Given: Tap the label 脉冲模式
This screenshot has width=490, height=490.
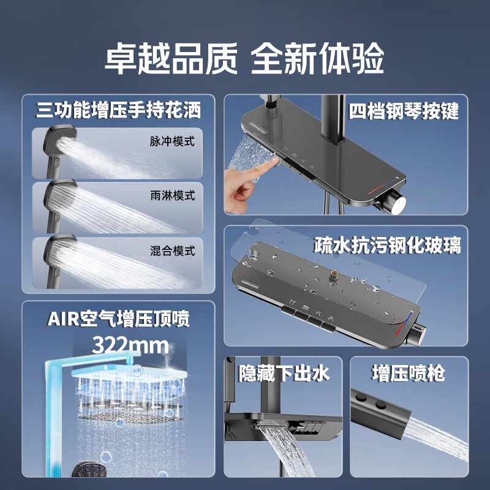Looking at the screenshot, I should point(172,141).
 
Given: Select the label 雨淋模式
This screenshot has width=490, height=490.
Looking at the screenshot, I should point(172,195).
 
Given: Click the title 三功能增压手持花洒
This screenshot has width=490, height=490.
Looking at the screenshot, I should point(118,110).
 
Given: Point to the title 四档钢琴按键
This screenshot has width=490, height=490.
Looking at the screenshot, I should point(404,111).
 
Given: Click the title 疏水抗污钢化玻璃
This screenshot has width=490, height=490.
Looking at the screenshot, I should point(388,246).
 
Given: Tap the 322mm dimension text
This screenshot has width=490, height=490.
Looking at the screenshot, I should point(130,345).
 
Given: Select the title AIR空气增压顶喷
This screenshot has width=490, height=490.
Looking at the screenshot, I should point(118,318).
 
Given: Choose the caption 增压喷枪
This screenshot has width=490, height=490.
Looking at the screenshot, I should point(408,373).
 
